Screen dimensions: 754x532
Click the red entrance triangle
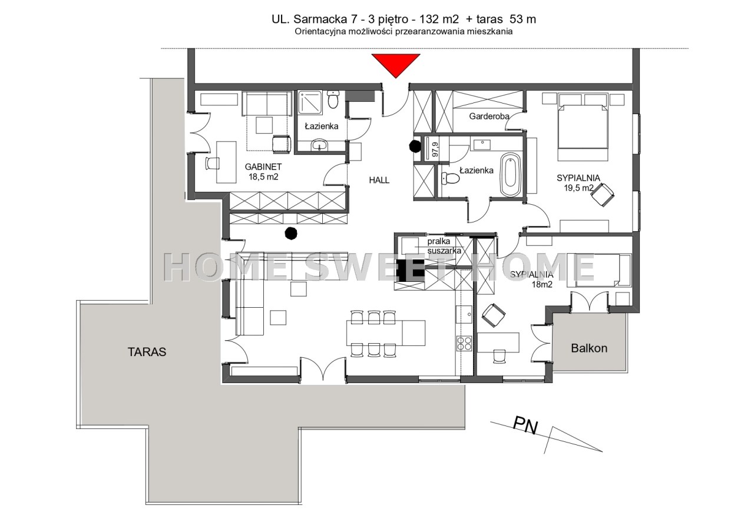tap(396, 64)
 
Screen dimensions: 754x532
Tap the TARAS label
tap(147, 352)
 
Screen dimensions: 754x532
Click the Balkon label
tap(589, 348)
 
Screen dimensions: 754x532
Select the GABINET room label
tap(263, 167)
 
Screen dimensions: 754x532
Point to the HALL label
tap(379, 180)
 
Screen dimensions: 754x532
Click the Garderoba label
tap(489, 117)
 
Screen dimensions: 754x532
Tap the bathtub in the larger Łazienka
tap(511, 175)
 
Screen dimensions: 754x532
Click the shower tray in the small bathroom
tap(310, 102)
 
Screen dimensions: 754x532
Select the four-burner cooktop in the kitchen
tap(464, 343)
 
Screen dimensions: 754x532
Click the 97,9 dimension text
tap(435, 149)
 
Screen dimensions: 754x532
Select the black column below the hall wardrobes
tap(291, 233)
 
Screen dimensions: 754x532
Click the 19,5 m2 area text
tap(578, 188)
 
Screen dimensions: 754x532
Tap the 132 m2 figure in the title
tap(439, 19)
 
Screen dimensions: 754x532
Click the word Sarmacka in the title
tap(320, 19)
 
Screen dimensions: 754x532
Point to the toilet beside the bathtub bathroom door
tap(451, 178)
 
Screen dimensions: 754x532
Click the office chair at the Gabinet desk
tap(212, 164)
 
